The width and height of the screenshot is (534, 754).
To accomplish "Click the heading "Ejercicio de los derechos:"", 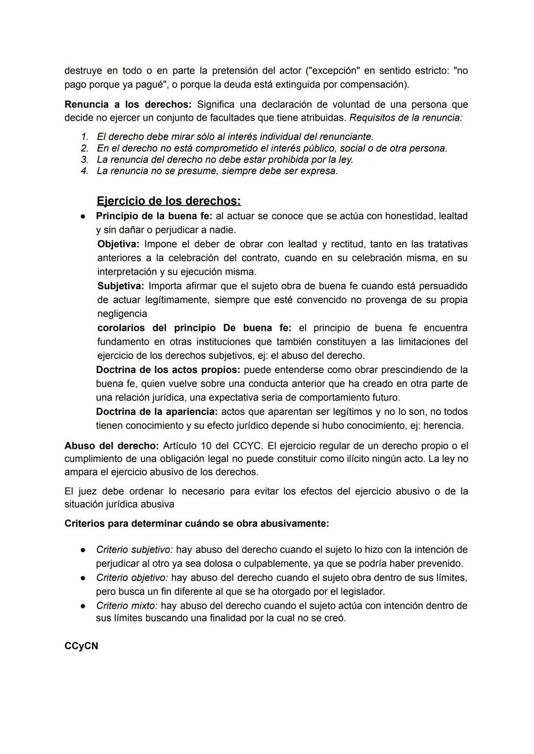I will click(169, 201).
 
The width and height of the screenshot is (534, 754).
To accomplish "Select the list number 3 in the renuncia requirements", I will click(85, 160).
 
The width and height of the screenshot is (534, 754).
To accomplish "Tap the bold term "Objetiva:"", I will click(119, 244).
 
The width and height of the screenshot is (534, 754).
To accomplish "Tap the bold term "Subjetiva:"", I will click(121, 286).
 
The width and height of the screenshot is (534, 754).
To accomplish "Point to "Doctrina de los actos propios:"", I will click(168, 370).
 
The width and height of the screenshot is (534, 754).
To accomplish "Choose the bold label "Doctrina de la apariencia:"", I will click(156, 412).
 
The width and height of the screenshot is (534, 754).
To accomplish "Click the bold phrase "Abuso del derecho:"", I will click(111, 446).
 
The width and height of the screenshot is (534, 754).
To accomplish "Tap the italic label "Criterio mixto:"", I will click(127, 606).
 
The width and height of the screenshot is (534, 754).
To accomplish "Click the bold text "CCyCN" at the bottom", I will click(81, 646).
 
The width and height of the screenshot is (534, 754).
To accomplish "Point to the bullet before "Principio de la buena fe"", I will click(85, 217).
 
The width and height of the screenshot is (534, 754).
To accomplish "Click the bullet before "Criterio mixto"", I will click(85, 606).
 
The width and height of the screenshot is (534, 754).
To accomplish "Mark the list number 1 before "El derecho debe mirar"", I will click(85, 136).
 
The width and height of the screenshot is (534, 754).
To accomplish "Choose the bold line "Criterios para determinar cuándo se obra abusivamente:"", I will click(196, 523).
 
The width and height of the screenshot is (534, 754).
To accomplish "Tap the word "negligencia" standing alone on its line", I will click(122, 314).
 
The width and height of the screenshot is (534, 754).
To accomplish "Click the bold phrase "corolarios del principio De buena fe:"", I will click(194, 328).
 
